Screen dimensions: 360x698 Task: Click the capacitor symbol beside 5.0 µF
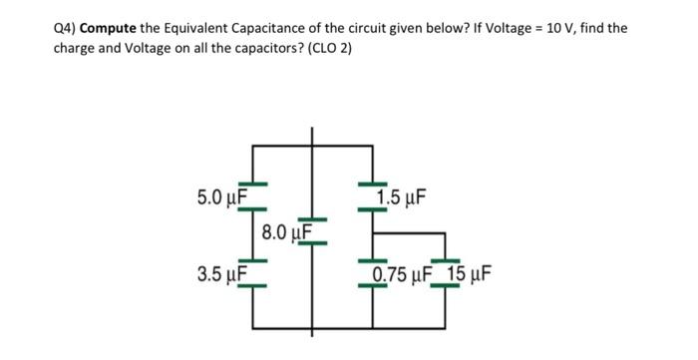(253, 186)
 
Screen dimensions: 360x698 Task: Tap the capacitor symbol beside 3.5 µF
(253, 276)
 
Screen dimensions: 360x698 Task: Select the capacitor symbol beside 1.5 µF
(373, 186)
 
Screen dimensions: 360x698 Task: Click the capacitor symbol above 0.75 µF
(373, 261)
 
